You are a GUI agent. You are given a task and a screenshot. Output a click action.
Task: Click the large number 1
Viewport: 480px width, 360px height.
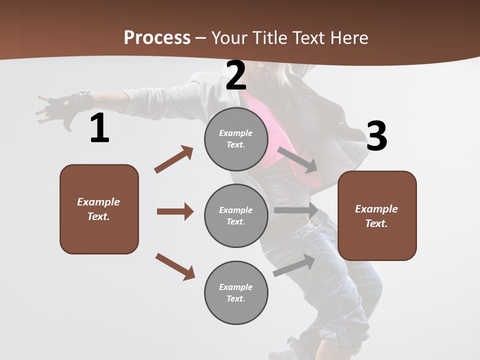click(99, 128)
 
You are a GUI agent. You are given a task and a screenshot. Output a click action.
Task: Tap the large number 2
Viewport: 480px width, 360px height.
click(236, 75)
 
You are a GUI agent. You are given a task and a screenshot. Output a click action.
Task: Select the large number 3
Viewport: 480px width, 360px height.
click(376, 136)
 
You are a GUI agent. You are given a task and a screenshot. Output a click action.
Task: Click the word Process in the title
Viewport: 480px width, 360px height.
click(157, 37)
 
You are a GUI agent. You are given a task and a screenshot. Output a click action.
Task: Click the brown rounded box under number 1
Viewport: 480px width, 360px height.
click(99, 209)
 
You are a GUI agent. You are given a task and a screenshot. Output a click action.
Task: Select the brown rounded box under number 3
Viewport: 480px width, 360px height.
click(377, 216)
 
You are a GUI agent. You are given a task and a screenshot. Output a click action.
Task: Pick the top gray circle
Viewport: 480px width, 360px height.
click(236, 139)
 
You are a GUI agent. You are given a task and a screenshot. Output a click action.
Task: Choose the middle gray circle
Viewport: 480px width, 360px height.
click(236, 215)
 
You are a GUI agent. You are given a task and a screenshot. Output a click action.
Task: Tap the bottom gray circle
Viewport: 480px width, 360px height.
click(236, 292)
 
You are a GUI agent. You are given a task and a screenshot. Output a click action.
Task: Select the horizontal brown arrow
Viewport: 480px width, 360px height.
click(175, 211)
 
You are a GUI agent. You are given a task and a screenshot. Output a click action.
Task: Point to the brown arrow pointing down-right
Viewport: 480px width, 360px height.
click(175, 266)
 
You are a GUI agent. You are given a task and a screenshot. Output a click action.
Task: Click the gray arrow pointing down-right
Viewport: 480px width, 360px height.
click(297, 160)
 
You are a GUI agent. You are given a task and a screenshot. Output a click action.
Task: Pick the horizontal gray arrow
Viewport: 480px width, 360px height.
click(296, 210)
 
